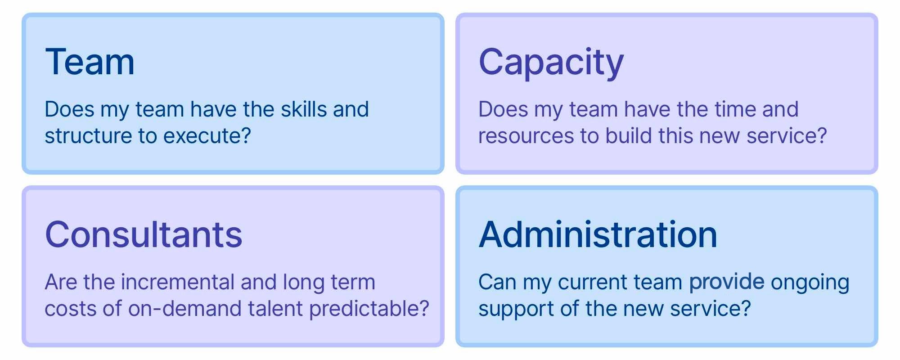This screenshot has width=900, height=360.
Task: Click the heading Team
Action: point(90,62)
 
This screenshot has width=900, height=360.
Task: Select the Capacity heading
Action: point(551,63)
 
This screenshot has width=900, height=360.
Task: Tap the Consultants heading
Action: point(144,234)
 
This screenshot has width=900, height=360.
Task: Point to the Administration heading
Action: point(598,234)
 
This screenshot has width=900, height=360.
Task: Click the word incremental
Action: point(178,282)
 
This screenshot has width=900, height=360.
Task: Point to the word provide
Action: point(727,282)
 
